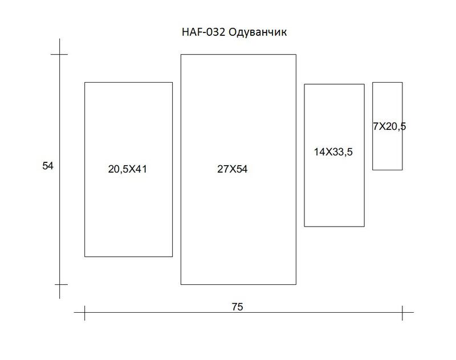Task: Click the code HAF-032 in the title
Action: (203, 32)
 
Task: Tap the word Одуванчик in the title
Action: (258, 32)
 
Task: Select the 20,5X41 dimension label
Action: (127, 169)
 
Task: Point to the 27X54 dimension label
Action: (233, 169)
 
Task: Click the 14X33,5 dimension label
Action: (333, 152)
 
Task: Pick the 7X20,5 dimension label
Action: (389, 126)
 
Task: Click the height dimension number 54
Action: (48, 166)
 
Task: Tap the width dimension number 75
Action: (237, 307)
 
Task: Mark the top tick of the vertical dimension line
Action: (60, 54)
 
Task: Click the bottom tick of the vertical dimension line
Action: (60, 284)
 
